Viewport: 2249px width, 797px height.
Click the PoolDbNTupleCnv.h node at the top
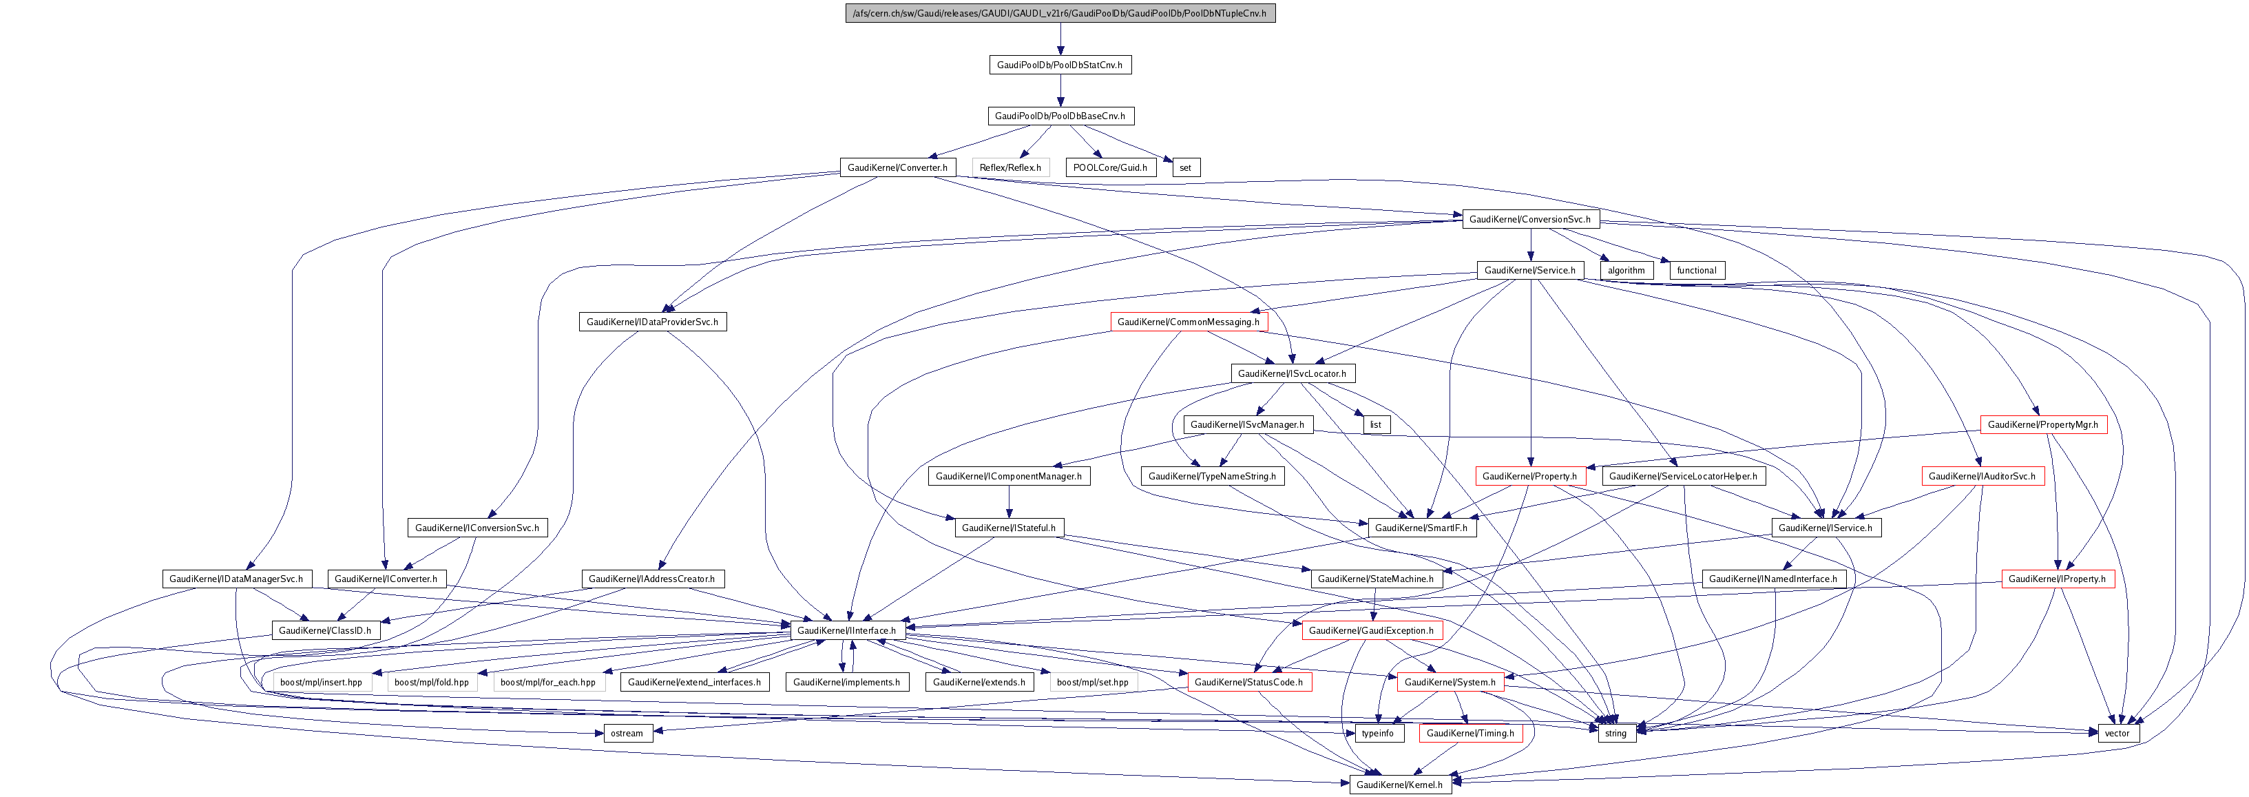1060,13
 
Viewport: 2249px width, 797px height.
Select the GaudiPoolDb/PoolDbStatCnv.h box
1060,65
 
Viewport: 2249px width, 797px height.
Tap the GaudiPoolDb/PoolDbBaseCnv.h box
1060,116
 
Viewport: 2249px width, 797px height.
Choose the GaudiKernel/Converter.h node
897,167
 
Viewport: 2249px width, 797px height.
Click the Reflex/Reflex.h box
1010,167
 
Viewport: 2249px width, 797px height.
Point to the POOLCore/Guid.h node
1109,167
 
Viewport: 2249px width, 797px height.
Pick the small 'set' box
1184,167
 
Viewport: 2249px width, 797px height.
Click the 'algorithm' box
1626,271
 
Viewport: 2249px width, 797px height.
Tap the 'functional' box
1696,271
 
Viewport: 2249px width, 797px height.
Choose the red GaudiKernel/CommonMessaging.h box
1189,322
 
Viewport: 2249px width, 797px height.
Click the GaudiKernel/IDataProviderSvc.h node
652,322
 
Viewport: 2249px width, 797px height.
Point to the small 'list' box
1375,425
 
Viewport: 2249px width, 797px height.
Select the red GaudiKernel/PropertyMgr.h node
2043,425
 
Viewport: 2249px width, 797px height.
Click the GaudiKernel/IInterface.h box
846,630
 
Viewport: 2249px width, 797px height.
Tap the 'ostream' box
627,733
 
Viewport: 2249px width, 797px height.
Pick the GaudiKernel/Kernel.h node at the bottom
1399,785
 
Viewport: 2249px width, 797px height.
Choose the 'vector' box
2117,733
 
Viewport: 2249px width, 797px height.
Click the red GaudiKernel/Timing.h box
1470,733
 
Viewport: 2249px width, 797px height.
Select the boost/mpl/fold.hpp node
431,682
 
